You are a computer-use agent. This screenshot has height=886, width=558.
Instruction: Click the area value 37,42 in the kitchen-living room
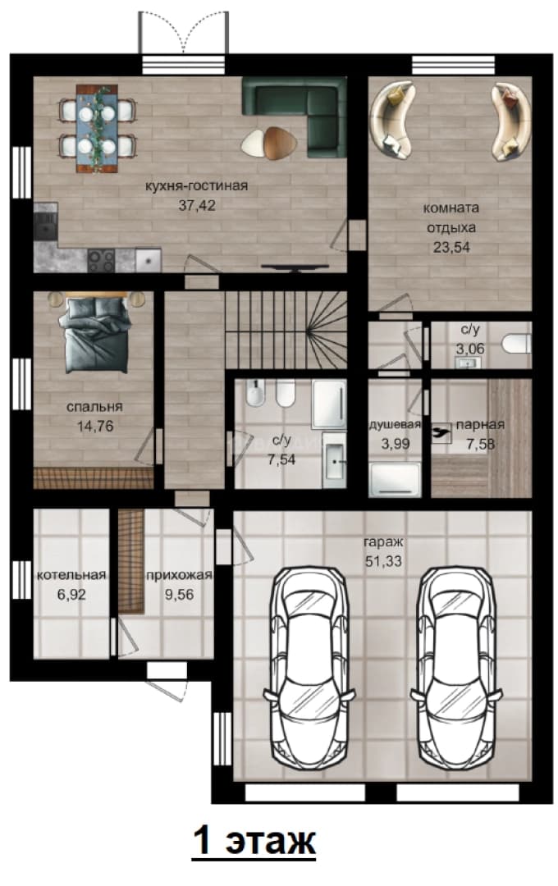click(x=197, y=206)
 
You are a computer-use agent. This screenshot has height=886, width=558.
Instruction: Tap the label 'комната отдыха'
click(x=451, y=217)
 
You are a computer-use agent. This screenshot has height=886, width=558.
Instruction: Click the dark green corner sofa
click(x=295, y=116)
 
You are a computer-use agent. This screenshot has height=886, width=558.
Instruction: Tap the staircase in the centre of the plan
click(x=286, y=330)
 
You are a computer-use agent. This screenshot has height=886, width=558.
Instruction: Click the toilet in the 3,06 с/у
click(x=516, y=343)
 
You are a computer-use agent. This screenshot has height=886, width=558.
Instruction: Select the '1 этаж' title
click(x=254, y=842)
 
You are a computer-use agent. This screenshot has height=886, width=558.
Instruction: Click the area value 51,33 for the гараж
click(x=383, y=562)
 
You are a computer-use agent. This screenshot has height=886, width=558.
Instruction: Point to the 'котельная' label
click(x=71, y=575)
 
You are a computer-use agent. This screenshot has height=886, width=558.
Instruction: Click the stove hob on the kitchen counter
click(x=101, y=261)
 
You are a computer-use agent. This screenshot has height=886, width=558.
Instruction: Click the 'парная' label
click(x=480, y=425)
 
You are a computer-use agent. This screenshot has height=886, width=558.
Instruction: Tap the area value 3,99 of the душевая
click(x=396, y=444)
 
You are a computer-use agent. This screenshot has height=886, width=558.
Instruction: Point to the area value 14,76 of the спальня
click(x=95, y=427)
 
